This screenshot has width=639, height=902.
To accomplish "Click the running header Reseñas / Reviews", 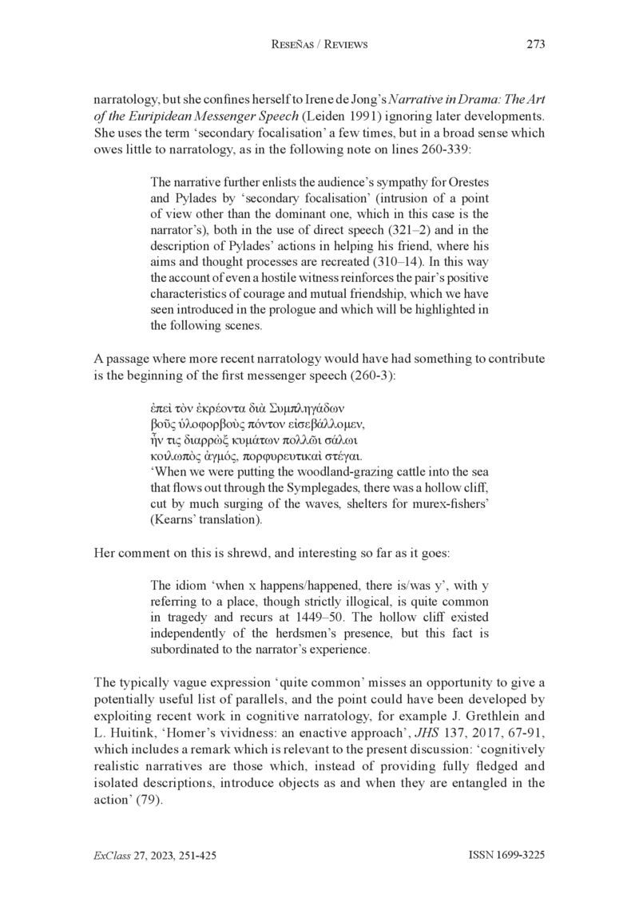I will coord(319,45).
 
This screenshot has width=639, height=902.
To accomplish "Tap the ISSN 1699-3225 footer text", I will coord(506,854).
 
